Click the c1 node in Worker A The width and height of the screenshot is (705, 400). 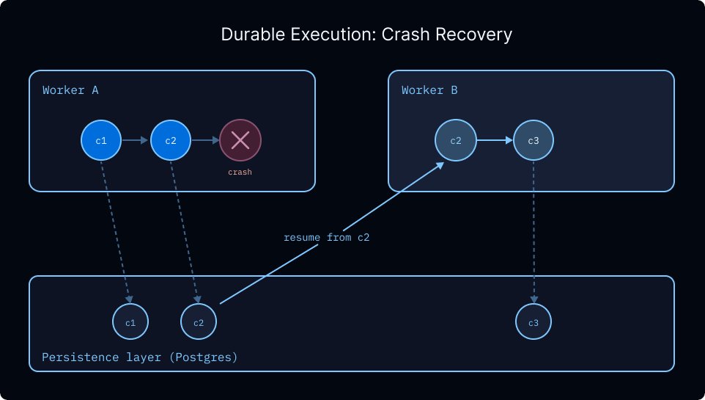(x=101, y=140)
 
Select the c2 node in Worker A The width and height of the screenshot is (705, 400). (x=171, y=140)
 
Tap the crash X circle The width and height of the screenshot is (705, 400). (x=240, y=140)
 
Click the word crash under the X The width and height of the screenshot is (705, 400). (x=240, y=172)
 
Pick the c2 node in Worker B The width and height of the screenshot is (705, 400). (x=455, y=140)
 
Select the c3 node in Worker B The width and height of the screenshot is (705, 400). (x=534, y=140)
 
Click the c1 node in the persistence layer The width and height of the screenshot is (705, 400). (x=130, y=321)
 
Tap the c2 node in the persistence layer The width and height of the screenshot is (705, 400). (x=199, y=321)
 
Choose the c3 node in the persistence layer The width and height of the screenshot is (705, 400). (x=534, y=321)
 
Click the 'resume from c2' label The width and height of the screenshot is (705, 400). (x=326, y=237)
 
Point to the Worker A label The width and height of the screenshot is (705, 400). (x=70, y=90)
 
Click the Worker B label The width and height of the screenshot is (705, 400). (x=429, y=90)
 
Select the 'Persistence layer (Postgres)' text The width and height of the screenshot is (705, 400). (x=139, y=357)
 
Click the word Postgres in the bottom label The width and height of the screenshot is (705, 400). (x=205, y=357)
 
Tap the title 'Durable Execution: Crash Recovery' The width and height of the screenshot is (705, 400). (x=366, y=34)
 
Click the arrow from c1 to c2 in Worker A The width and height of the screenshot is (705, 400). (x=135, y=140)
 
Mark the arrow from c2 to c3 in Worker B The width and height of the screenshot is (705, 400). (x=495, y=140)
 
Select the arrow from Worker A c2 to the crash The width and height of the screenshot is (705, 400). (x=205, y=140)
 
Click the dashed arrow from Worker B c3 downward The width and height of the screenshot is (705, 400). (x=534, y=232)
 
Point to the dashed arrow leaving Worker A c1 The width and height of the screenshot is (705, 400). (x=116, y=232)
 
